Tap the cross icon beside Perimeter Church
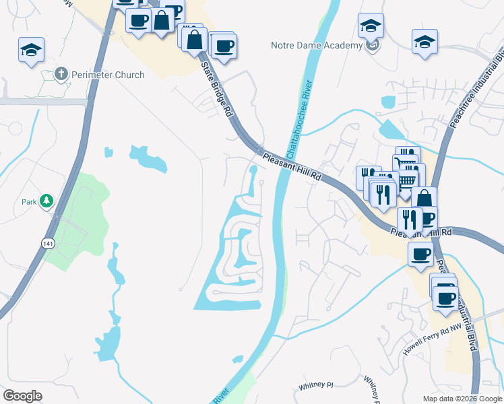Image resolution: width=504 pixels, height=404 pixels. (x=61, y=74)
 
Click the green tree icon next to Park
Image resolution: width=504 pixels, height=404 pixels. (x=46, y=201)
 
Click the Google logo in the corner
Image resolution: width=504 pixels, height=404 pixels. (x=22, y=395)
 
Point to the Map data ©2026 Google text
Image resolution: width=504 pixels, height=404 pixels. (x=462, y=399)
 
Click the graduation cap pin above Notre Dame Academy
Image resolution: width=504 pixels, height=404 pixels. (x=371, y=26)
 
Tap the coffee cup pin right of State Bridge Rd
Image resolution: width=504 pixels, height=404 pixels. (x=224, y=46)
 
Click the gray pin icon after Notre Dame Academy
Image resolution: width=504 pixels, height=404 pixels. (x=374, y=45)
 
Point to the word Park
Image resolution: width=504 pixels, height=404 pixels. (x=28, y=201)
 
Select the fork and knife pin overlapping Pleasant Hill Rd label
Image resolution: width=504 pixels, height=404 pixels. (x=410, y=219)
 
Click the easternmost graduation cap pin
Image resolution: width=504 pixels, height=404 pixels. (x=425, y=41)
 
